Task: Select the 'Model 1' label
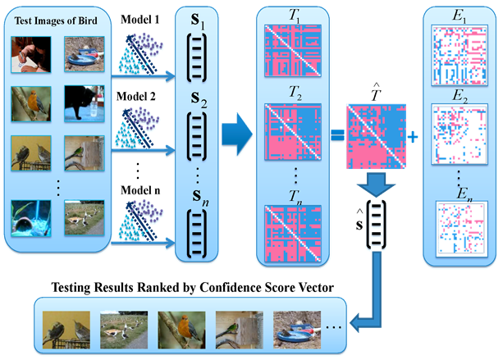(x=142, y=18)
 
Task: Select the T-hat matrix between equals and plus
(x=374, y=136)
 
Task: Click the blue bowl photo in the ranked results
(x=296, y=326)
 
